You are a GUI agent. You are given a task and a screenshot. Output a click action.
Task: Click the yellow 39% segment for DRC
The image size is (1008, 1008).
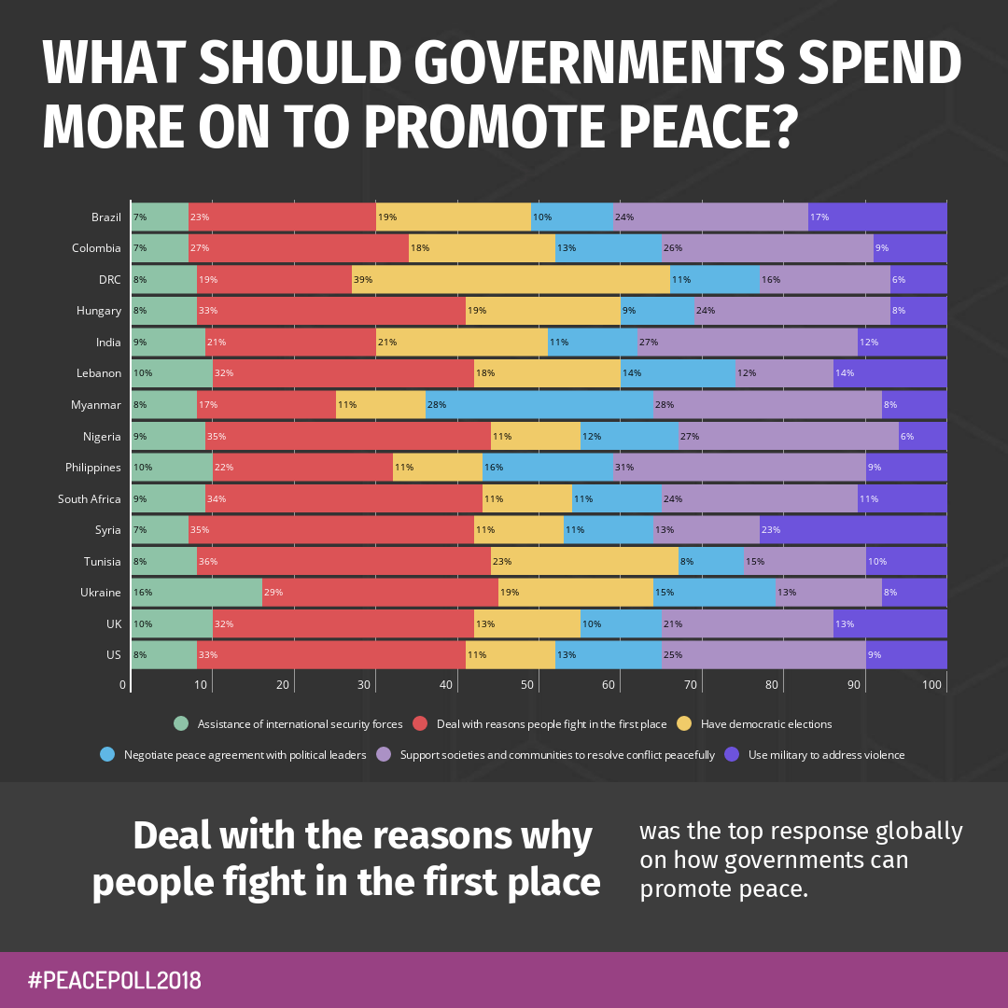pyautogui.click(x=511, y=279)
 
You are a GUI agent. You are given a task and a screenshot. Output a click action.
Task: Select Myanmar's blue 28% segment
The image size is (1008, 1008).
pyautogui.click(x=539, y=405)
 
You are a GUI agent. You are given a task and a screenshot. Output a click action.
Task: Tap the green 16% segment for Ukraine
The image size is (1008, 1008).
pyautogui.click(x=197, y=593)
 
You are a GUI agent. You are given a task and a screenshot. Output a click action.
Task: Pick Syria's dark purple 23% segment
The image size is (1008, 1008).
pyautogui.click(x=853, y=530)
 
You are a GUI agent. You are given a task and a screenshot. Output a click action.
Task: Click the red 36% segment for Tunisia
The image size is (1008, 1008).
pyautogui.click(x=343, y=561)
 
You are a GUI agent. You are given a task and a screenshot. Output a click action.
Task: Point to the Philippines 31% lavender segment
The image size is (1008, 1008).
pyautogui.click(x=739, y=468)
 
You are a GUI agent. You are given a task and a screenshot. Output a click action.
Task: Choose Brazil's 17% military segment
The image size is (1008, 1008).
pyautogui.click(x=877, y=217)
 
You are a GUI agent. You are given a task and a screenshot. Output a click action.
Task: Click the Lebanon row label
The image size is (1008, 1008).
pyautogui.click(x=99, y=373)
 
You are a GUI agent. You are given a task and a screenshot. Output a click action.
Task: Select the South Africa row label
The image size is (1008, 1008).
pyautogui.click(x=90, y=498)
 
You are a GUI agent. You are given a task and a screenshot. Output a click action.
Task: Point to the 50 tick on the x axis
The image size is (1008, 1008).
pyautogui.click(x=528, y=685)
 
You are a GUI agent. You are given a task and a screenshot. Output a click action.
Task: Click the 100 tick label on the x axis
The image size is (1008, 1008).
pyautogui.click(x=932, y=685)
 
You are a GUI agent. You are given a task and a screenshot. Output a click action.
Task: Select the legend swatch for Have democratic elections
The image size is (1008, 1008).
pyautogui.click(x=684, y=723)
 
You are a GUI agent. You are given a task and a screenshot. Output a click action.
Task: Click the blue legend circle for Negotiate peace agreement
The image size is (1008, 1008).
pyautogui.click(x=107, y=754)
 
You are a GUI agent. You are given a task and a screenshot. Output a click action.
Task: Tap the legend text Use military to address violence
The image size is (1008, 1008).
pyautogui.click(x=826, y=754)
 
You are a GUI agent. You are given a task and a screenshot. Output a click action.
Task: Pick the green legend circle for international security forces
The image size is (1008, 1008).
pyautogui.click(x=181, y=723)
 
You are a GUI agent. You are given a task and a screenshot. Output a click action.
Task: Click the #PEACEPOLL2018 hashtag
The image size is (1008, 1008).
pyautogui.click(x=115, y=980)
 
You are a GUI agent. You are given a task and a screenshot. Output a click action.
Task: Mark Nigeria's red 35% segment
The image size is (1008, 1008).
pyautogui.click(x=347, y=436)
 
